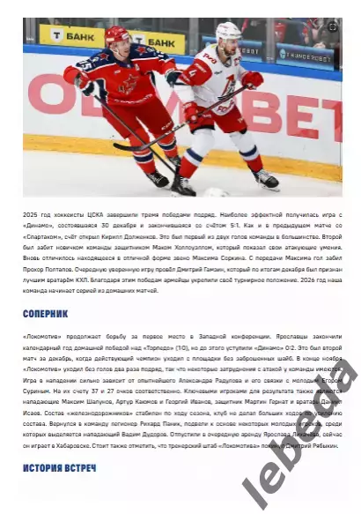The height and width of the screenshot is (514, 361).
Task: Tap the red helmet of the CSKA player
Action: pyautogui.click(x=116, y=36)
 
